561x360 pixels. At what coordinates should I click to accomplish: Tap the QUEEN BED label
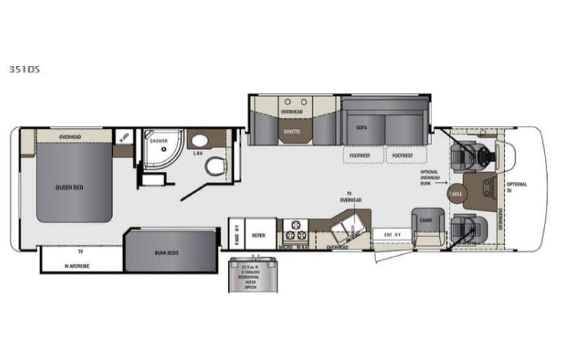pyautogui.click(x=69, y=187)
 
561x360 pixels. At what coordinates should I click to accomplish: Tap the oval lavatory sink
pyautogui.click(x=198, y=141)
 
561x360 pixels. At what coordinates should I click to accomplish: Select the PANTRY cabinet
pyautogui.click(x=237, y=235)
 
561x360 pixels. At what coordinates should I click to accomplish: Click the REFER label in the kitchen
pyautogui.click(x=259, y=236)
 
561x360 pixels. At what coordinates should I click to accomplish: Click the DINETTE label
pyautogui.click(x=292, y=131)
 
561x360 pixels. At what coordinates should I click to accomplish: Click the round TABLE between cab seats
pyautogui.click(x=456, y=193)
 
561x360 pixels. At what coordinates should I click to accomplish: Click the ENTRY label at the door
pyautogui.click(x=393, y=235)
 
